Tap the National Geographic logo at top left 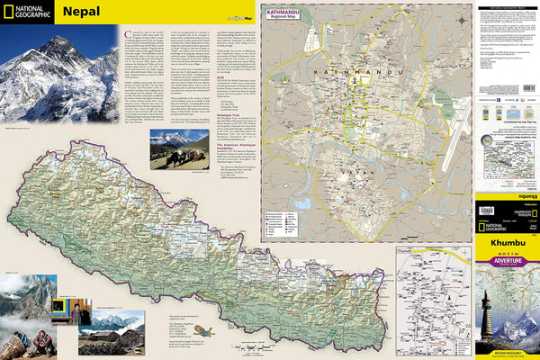[27, 13]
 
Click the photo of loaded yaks [179, 149]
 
